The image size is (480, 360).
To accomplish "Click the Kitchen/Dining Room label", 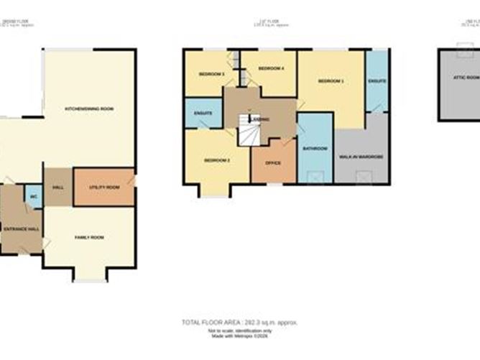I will [89, 109].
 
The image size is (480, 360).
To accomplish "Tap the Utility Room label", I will [103, 187].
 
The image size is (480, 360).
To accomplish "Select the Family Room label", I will [90, 237].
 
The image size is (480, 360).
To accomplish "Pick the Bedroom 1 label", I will [331, 81].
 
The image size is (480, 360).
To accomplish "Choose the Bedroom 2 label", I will [216, 160].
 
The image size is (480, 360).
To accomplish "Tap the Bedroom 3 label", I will [211, 74].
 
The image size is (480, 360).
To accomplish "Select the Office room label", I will [273, 163].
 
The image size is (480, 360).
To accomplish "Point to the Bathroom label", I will [315, 149].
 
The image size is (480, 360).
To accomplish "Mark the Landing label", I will [260, 119].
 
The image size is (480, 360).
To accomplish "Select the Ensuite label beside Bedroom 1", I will [377, 81].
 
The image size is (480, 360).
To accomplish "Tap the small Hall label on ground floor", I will [57, 187].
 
